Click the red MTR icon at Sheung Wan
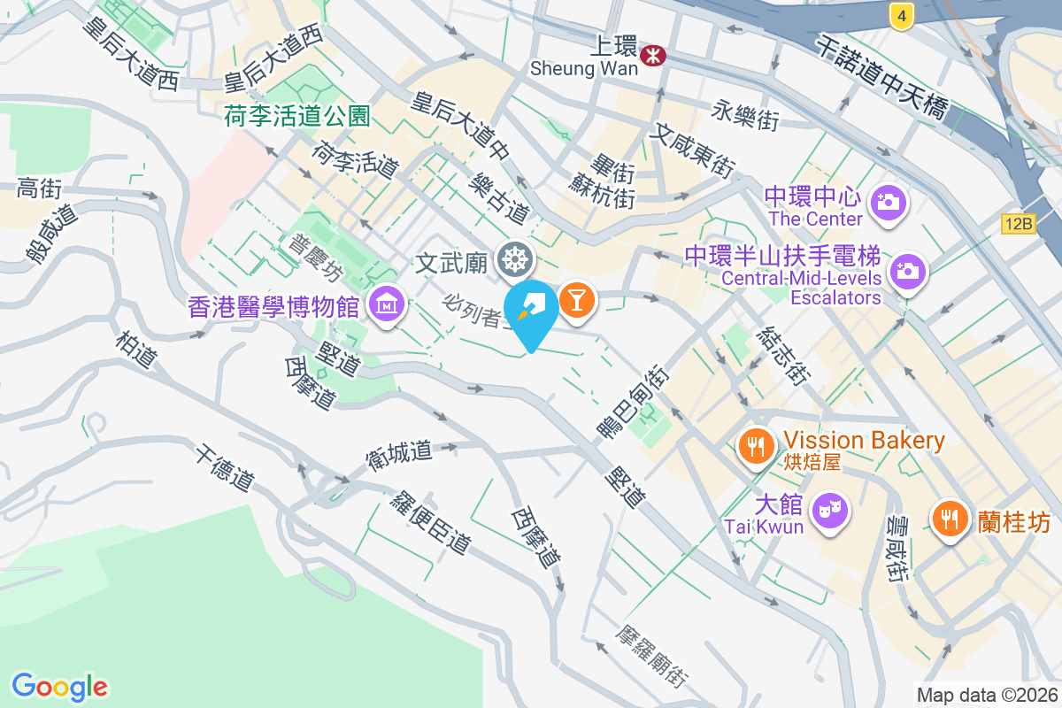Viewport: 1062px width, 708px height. (x=655, y=55)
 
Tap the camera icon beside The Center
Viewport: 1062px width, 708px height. (x=887, y=203)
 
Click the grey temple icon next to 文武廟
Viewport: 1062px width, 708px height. (x=514, y=260)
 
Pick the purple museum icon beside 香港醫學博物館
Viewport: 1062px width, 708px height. (x=387, y=306)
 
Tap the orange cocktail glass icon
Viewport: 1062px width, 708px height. (x=576, y=300)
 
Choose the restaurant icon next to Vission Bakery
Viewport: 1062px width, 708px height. (x=755, y=447)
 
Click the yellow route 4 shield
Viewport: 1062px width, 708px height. (x=901, y=15)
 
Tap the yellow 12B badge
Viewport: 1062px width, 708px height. (x=1019, y=224)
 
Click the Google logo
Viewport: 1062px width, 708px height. (x=59, y=687)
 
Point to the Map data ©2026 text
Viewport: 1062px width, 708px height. (x=987, y=695)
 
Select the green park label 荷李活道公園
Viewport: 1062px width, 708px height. (x=296, y=116)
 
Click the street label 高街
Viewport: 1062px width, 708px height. (x=39, y=188)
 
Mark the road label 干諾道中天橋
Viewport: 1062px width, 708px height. (x=881, y=79)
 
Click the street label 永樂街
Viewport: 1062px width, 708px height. (x=745, y=114)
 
